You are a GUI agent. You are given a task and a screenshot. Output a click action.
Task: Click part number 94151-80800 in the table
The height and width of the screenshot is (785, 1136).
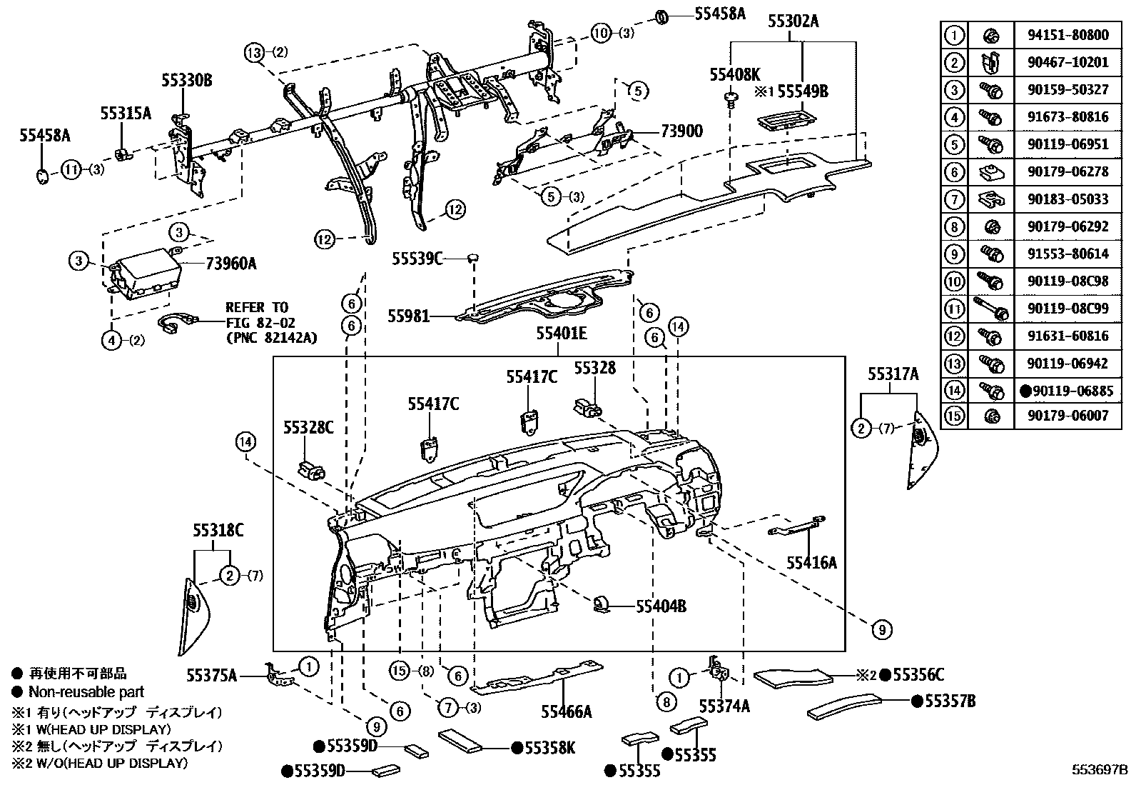[x=1068, y=34]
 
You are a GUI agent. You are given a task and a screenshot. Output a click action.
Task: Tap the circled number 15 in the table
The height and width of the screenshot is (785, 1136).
[x=954, y=415]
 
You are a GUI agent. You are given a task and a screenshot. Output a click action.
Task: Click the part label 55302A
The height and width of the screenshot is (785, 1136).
[x=793, y=21]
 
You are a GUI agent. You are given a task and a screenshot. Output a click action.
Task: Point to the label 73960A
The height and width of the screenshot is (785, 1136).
[x=230, y=264]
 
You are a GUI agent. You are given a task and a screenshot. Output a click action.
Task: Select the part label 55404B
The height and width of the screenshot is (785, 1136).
[x=661, y=606]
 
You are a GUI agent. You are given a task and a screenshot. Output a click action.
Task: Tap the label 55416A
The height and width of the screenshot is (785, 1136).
[x=811, y=563]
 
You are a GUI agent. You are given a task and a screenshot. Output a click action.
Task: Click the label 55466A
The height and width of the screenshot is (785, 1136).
[x=567, y=711]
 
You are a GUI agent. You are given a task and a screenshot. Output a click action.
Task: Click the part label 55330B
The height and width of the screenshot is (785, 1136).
[x=186, y=81]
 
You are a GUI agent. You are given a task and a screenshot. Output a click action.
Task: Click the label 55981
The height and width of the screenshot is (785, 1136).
[x=409, y=315]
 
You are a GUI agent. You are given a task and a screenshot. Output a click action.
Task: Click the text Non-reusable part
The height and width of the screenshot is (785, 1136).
[x=86, y=691]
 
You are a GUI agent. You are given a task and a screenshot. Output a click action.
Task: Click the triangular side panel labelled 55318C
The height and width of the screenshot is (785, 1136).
[x=193, y=614]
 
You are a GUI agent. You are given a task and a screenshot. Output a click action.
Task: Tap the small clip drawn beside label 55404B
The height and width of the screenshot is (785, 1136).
[x=601, y=604]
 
